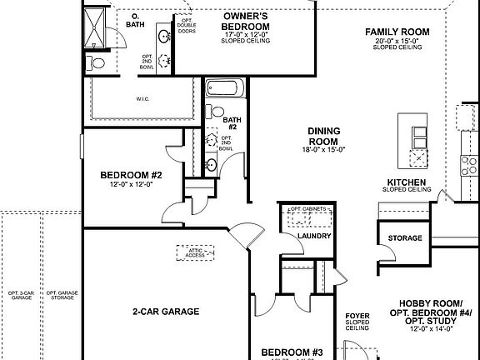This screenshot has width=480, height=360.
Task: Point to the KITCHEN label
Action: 407,182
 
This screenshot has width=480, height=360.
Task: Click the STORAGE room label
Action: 405,238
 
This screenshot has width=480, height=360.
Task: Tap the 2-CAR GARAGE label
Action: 165,312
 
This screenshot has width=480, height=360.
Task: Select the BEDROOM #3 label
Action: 292,352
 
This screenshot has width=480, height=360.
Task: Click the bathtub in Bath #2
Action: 223,87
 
